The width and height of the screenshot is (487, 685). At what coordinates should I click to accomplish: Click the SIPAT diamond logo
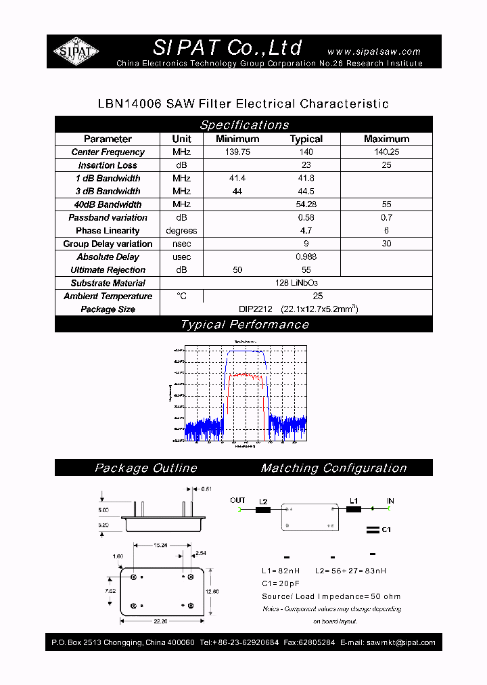[x=76, y=51]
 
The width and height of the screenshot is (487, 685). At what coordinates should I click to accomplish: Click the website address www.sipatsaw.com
[x=373, y=51]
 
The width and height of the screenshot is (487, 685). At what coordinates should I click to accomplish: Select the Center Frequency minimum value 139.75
[x=237, y=152]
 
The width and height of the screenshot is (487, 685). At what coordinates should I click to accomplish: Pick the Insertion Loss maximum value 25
[x=386, y=165]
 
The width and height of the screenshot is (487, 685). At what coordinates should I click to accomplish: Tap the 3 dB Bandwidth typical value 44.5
[x=306, y=192]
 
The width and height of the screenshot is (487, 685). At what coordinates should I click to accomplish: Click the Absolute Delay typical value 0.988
[x=306, y=257]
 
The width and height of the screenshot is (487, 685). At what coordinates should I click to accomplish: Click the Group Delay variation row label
[x=108, y=244]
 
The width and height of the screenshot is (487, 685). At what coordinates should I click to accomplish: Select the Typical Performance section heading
[x=244, y=325]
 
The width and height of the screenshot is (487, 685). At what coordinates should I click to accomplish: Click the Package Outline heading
[x=146, y=468]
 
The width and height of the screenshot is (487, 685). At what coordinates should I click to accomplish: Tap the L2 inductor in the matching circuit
[x=263, y=510]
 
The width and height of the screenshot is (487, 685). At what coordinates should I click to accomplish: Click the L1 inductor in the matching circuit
[x=353, y=509]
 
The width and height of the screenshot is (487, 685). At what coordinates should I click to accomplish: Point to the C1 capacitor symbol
[x=371, y=529]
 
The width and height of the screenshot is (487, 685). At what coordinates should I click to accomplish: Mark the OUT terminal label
[x=237, y=501]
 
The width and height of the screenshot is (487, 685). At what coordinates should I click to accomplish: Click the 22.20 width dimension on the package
[x=161, y=621]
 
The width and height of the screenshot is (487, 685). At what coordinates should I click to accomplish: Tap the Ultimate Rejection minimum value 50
[x=237, y=270]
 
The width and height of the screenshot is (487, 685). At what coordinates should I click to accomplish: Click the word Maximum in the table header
[x=386, y=139]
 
